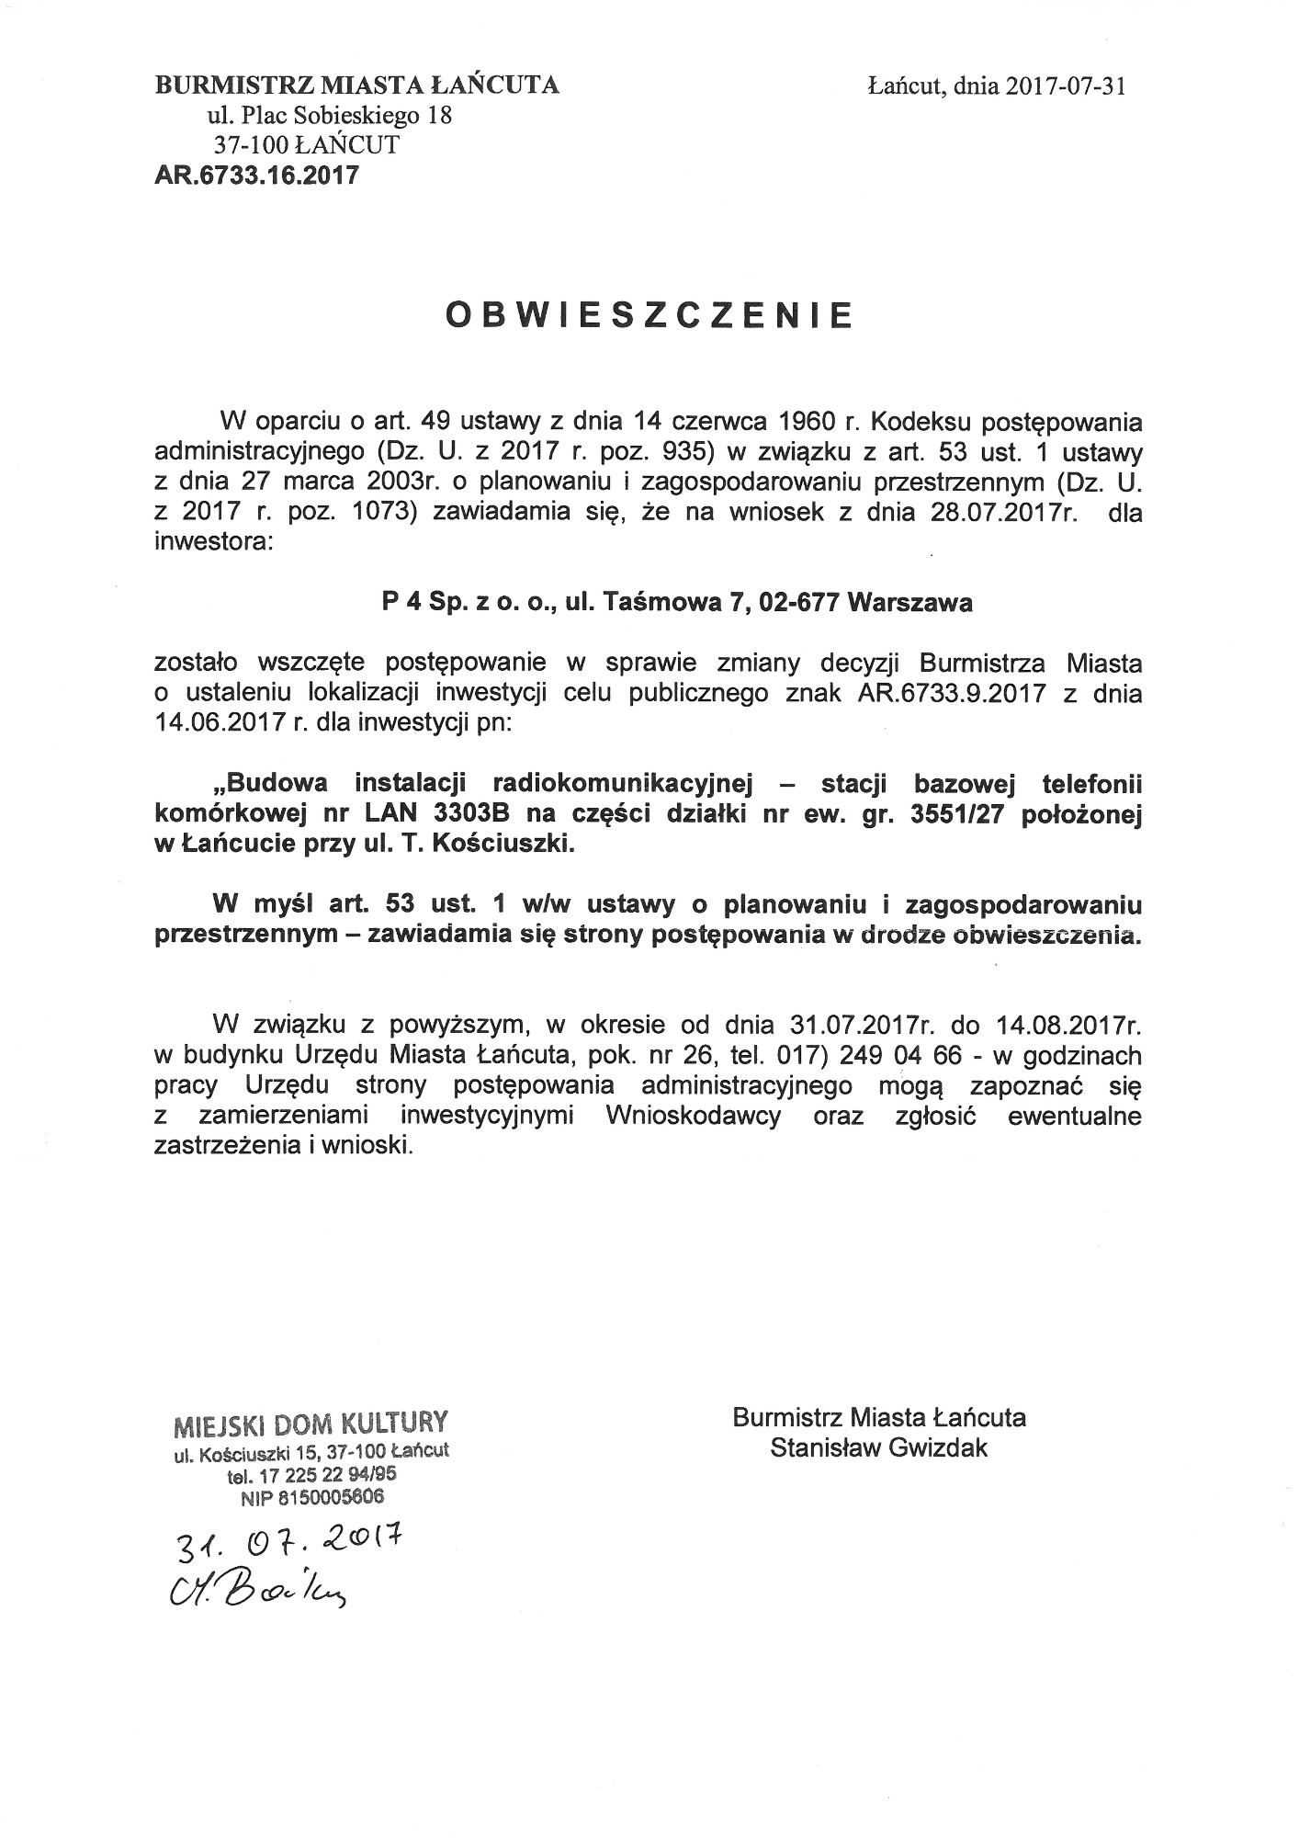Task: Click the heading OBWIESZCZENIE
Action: click(649, 314)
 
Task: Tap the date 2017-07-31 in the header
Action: click(1065, 86)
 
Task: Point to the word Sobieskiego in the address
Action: click(350, 116)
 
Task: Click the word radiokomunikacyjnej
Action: click(623, 783)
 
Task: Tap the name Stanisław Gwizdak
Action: click(879, 1448)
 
